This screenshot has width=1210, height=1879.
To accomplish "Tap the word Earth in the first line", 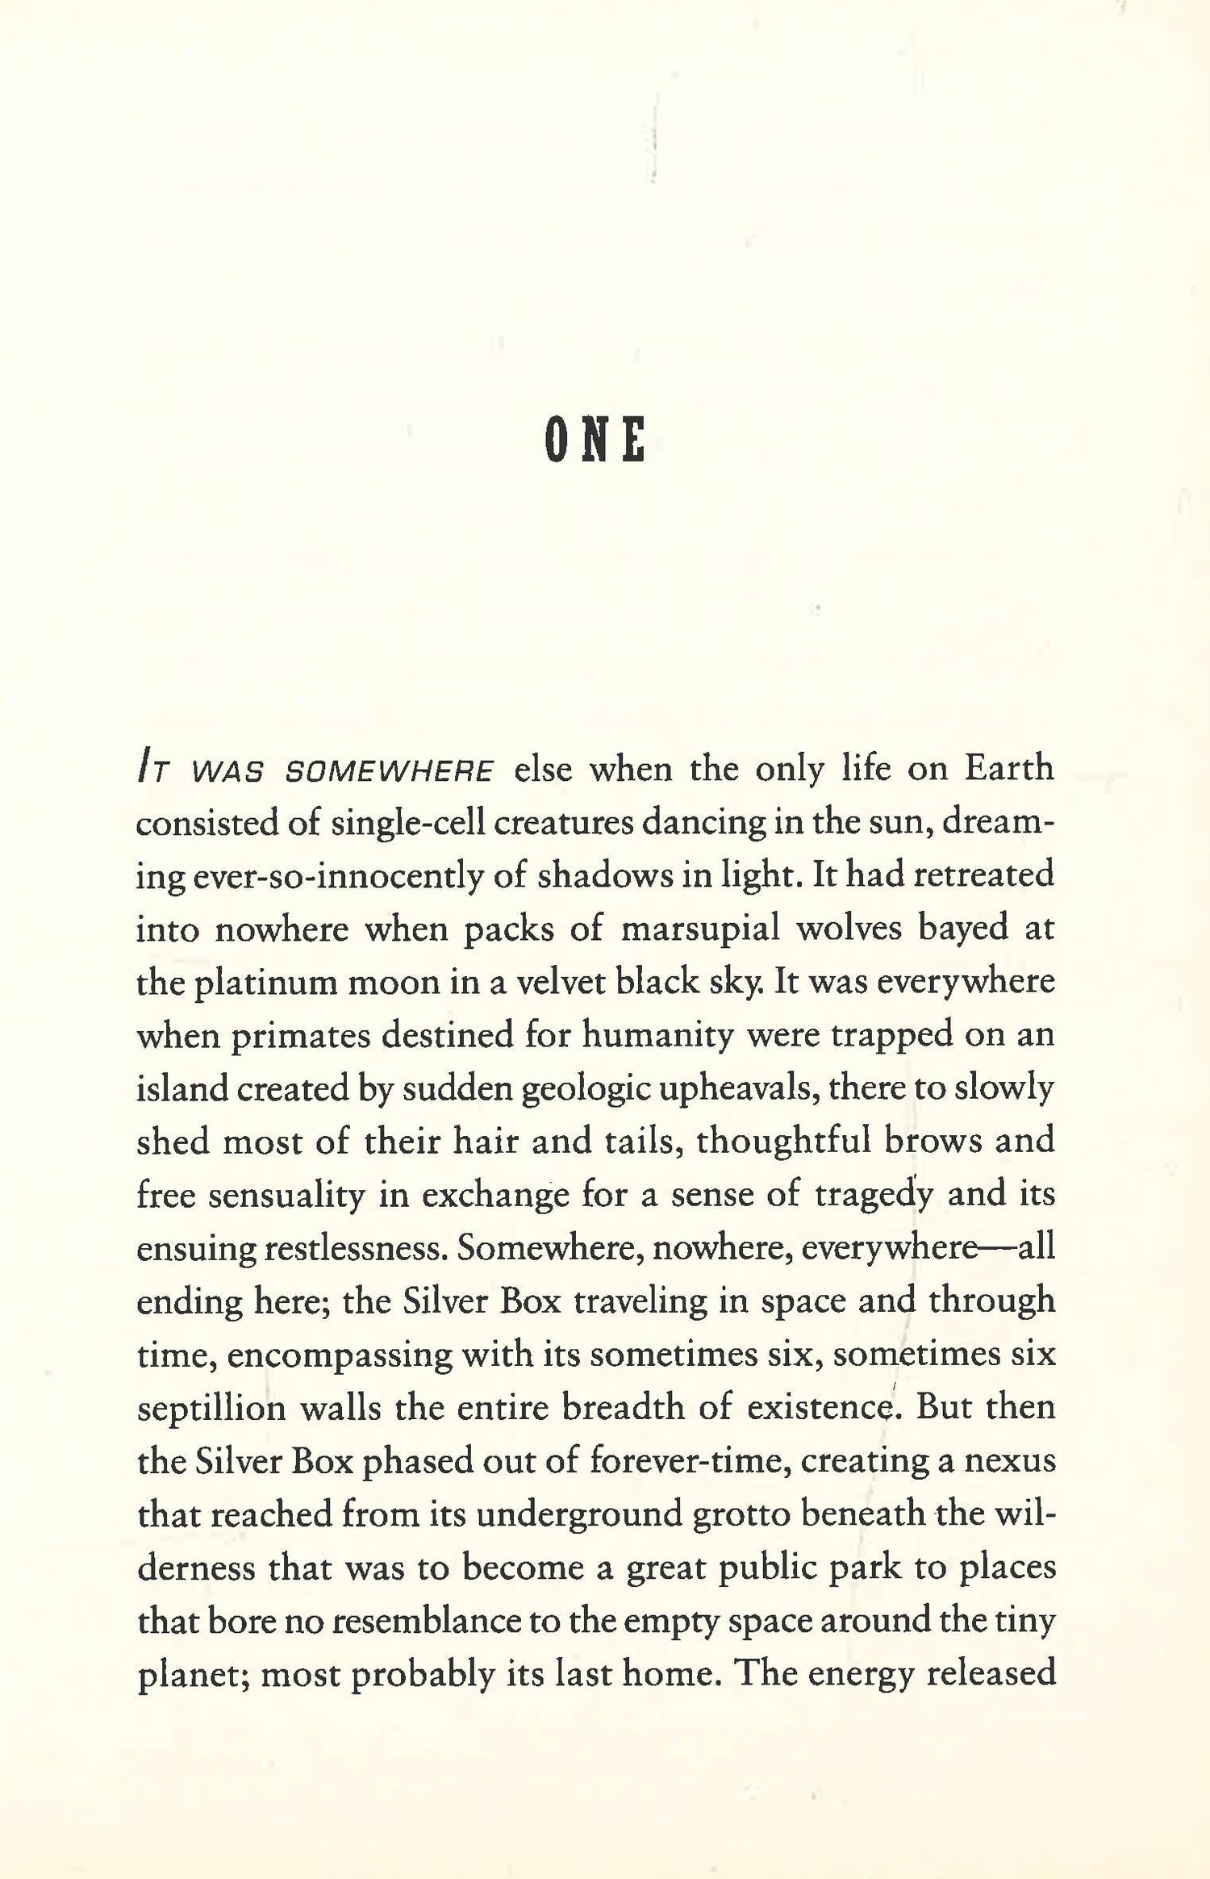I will pyautogui.click(x=1009, y=768).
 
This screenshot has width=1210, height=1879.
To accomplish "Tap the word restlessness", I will pyautogui.click(x=351, y=1248).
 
